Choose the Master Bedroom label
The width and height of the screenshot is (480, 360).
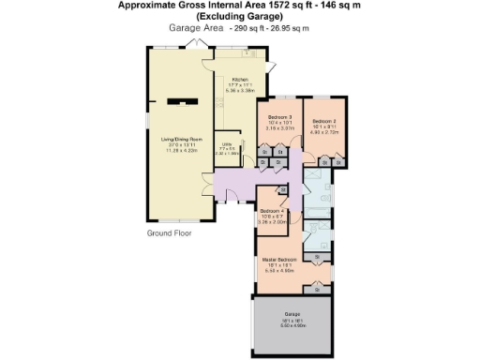pos(280,259)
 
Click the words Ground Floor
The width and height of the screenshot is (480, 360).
pos(170,232)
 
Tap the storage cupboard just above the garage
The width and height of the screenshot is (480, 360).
pos(317,290)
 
